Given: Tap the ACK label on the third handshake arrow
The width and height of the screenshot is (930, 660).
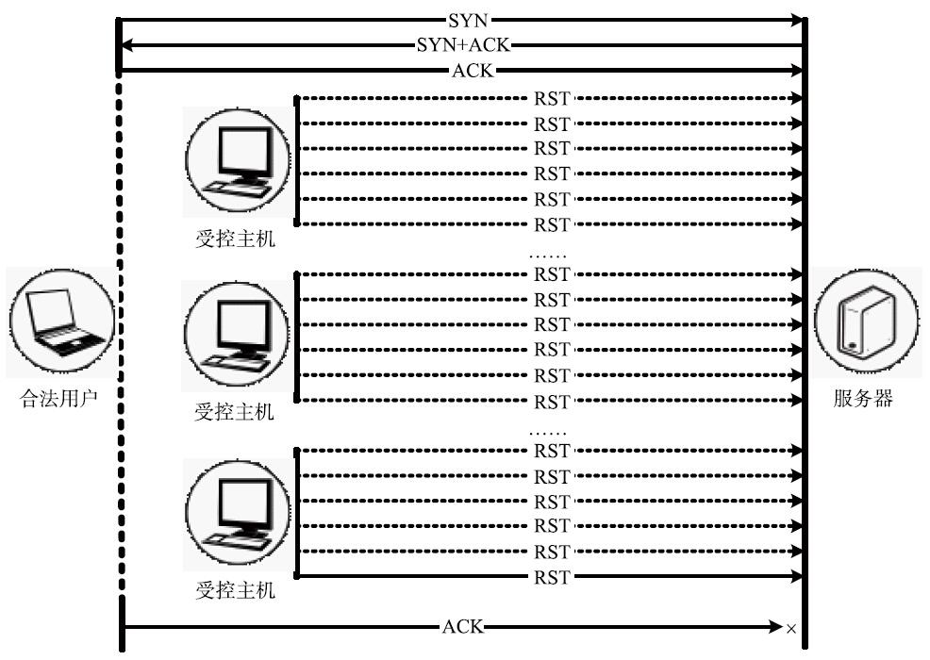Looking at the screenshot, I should [x=472, y=70].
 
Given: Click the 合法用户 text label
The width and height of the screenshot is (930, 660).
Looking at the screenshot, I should [x=59, y=399].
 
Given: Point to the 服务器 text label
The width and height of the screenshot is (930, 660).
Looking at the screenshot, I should [x=863, y=399].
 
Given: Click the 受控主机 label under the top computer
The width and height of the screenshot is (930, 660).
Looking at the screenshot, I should [x=236, y=239].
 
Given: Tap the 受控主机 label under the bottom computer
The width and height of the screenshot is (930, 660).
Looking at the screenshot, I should [x=236, y=591].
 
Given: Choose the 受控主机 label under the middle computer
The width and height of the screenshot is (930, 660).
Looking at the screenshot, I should [x=235, y=412].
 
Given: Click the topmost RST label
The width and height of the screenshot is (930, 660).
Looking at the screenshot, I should [x=552, y=97].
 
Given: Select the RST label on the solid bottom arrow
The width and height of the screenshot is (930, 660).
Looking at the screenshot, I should [x=552, y=576].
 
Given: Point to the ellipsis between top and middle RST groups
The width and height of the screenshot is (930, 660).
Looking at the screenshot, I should [x=547, y=254].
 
